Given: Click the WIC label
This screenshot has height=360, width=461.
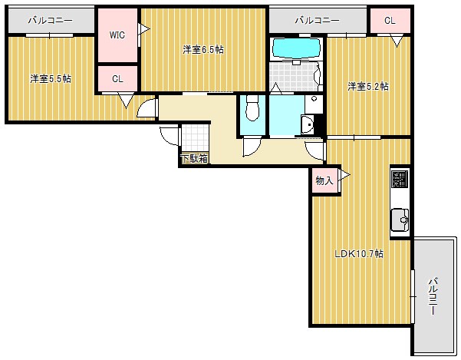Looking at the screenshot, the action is click(117, 35).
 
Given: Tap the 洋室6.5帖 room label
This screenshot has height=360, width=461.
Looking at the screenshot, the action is click(203, 49).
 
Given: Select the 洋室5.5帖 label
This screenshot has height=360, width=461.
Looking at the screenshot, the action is click(51, 79).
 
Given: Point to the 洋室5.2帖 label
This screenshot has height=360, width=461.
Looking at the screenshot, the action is click(368, 87).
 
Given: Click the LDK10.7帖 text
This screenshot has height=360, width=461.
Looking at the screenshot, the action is click(359, 253).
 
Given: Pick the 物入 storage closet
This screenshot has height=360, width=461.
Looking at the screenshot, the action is click(324, 180).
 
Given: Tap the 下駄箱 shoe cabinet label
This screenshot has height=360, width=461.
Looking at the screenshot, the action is click(195, 159).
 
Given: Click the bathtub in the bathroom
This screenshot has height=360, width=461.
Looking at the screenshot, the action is click(296, 48).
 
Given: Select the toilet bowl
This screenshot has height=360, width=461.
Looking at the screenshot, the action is click(252, 108).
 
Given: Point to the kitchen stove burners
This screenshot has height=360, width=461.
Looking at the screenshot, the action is click(400, 179).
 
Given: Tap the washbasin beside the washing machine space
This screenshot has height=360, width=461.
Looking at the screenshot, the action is click(308, 124).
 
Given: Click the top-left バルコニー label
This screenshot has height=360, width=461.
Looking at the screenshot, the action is click(51, 20).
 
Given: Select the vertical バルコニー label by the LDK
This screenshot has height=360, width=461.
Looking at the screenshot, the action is click(433, 296).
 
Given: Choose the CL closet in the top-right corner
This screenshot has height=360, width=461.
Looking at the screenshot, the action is click(390, 20).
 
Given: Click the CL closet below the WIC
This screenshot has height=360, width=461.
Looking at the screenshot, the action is click(117, 78).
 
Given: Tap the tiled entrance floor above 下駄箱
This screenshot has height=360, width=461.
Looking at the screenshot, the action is click(194, 138).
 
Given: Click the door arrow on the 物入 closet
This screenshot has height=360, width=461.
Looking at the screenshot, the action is click(344, 176).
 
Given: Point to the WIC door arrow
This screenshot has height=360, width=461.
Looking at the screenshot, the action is click(144, 29).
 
